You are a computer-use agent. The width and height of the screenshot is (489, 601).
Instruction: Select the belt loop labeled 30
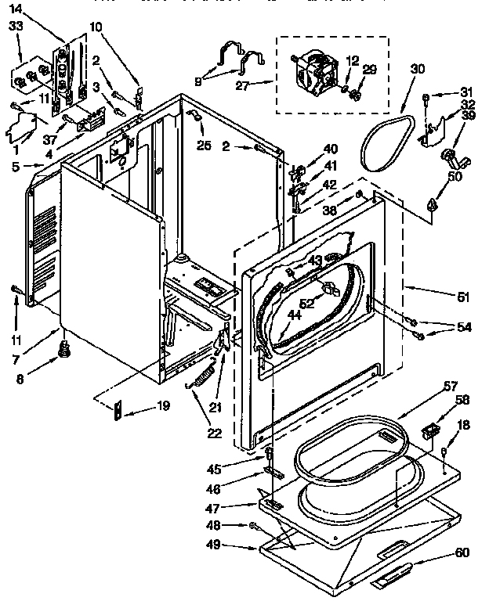tap(388, 141)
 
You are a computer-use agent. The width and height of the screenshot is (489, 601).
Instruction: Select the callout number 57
tap(451, 386)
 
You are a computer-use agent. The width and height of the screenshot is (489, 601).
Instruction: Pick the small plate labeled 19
tap(117, 410)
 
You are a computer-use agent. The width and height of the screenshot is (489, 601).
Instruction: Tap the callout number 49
tap(235, 546)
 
